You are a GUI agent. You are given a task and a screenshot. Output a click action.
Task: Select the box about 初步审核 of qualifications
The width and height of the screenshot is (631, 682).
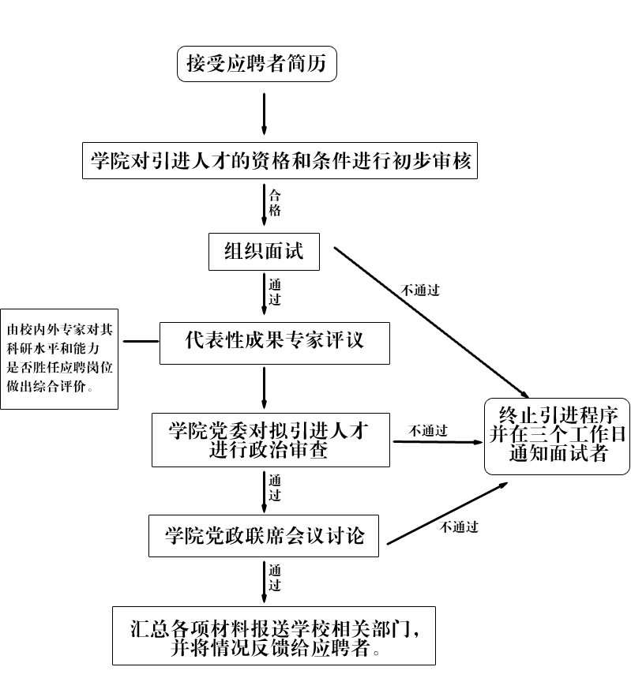pyautogui.click(x=280, y=161)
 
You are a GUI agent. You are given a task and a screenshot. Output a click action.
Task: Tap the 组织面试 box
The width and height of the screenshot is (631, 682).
pyautogui.click(x=264, y=252)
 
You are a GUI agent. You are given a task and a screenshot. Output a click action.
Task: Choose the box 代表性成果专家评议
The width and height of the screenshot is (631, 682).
pyautogui.click(x=274, y=342)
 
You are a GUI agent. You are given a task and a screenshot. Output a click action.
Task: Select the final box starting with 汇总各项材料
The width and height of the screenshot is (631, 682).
pyautogui.click(x=274, y=635)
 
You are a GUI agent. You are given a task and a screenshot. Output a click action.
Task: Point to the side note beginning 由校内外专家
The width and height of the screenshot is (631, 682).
pyautogui.click(x=59, y=358)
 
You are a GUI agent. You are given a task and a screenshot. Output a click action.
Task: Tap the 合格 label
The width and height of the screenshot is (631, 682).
pyautogui.click(x=275, y=203)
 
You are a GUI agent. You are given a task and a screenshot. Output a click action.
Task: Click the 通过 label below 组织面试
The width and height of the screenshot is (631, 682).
pyautogui.click(x=275, y=292)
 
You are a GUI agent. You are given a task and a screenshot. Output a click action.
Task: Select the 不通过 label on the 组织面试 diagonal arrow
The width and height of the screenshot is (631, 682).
pyautogui.click(x=420, y=290)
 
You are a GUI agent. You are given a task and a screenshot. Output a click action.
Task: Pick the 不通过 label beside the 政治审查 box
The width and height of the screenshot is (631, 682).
pyautogui.click(x=428, y=431)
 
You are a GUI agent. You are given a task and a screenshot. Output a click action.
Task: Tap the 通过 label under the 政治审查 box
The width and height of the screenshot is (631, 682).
pyautogui.click(x=275, y=487)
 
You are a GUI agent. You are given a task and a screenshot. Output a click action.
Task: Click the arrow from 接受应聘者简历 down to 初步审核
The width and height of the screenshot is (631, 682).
pyautogui.click(x=264, y=114)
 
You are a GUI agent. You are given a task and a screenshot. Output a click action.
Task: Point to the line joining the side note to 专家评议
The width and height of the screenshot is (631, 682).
pyautogui.click(x=141, y=342)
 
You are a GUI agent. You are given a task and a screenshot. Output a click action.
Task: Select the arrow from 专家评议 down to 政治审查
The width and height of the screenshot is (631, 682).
pyautogui.click(x=264, y=387)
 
